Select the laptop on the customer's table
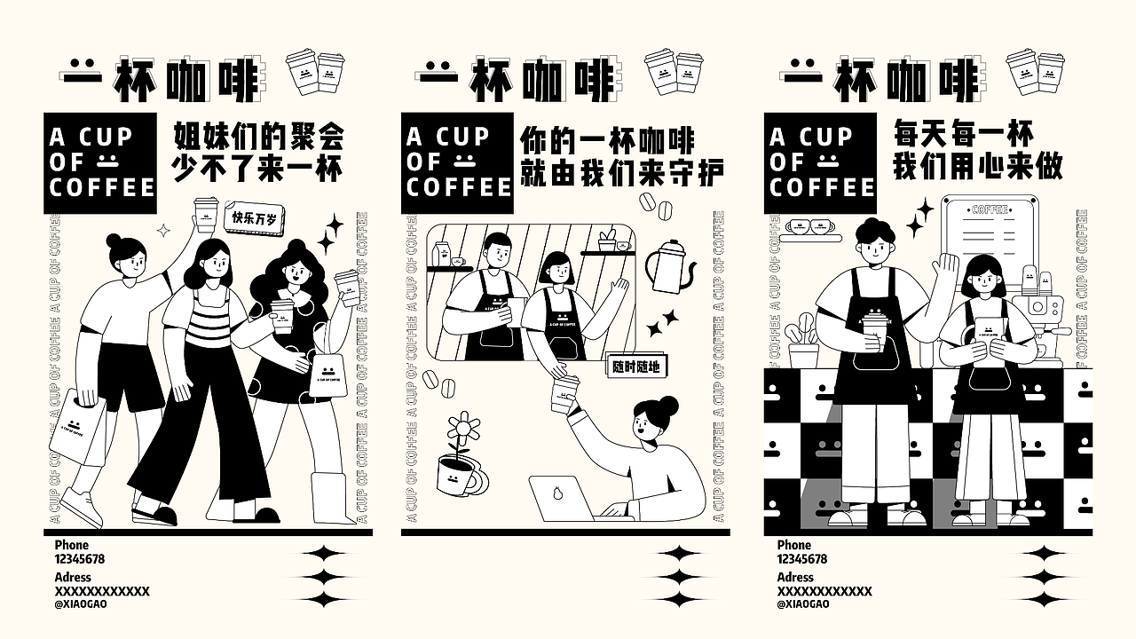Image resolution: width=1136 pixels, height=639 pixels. tap(561, 498)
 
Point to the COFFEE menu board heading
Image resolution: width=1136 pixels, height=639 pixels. tap(990, 209)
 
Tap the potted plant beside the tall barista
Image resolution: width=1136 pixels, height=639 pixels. tap(804, 342)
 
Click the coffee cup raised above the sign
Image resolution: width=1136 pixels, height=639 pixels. tap(206, 213)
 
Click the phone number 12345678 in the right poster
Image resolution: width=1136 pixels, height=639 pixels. tap(801, 559)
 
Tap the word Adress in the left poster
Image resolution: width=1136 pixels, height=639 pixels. tap(73, 577)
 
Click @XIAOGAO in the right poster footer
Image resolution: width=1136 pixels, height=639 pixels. tap(803, 604)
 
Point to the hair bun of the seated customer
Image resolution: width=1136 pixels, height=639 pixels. tap(667, 406)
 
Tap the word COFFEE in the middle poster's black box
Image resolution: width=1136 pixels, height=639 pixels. tap(459, 187)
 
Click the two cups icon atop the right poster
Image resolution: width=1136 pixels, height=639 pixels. tap(1035, 71)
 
